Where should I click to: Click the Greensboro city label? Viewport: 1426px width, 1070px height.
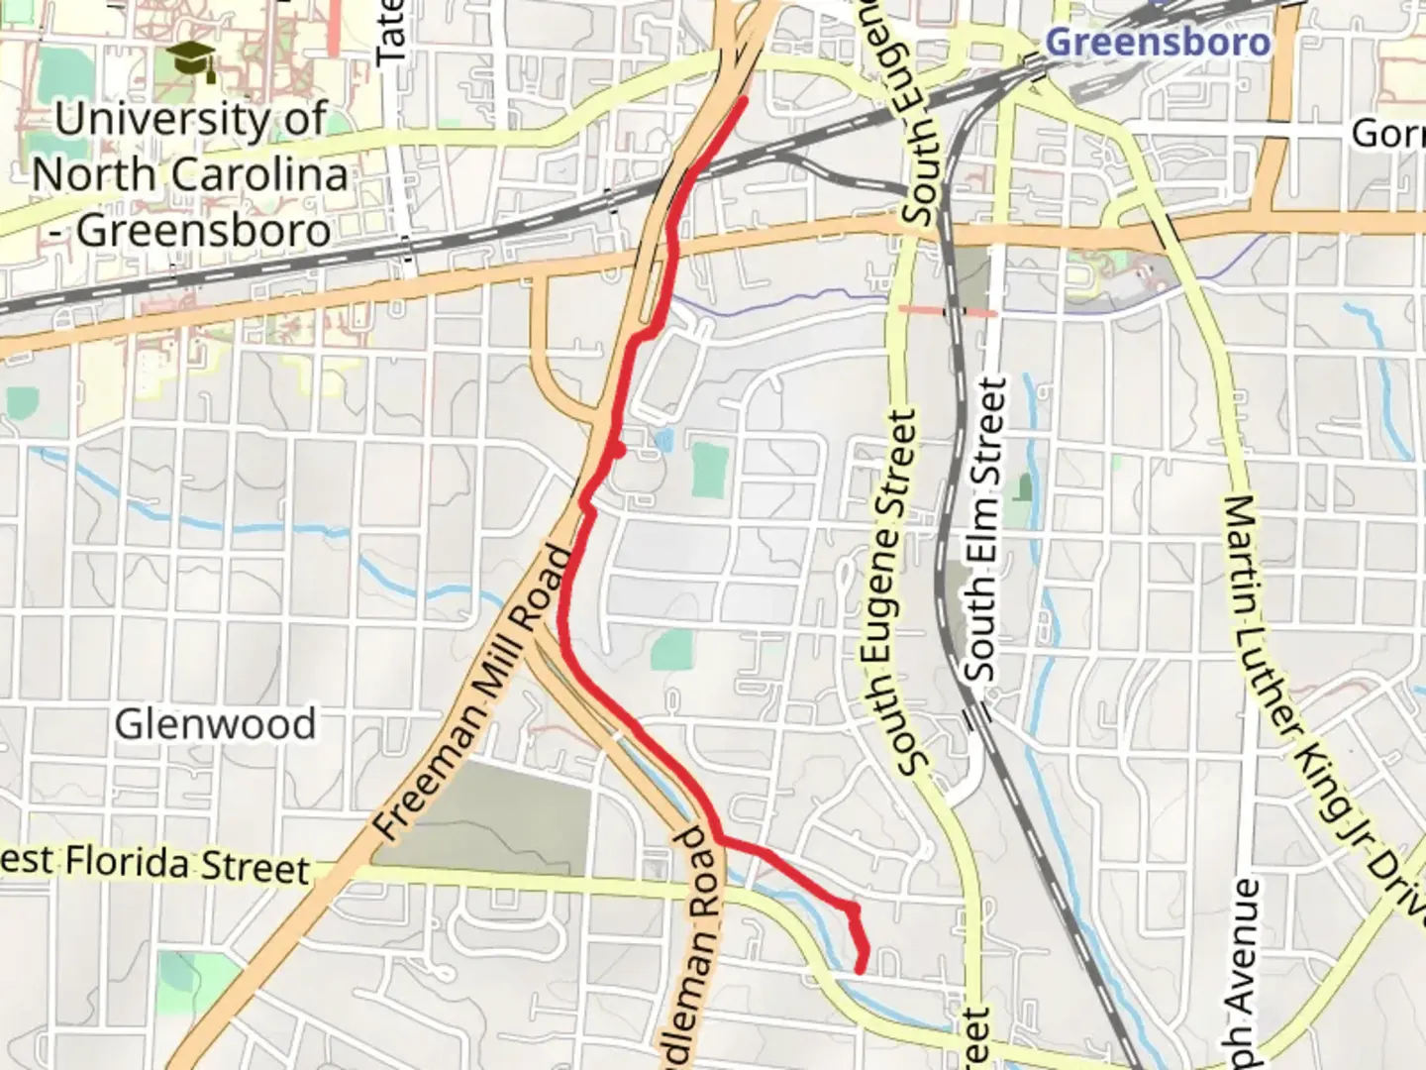1157,42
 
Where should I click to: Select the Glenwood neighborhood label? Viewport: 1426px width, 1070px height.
215,723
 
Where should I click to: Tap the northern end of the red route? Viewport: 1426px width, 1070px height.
743,100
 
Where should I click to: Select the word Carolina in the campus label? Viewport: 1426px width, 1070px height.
259,174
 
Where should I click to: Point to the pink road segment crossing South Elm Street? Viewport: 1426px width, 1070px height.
947,311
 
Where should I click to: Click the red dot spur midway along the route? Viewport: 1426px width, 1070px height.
618,451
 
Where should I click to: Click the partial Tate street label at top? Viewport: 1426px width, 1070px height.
391,32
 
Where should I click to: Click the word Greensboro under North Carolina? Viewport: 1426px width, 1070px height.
204,231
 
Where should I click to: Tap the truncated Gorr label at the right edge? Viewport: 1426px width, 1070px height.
1388,133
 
